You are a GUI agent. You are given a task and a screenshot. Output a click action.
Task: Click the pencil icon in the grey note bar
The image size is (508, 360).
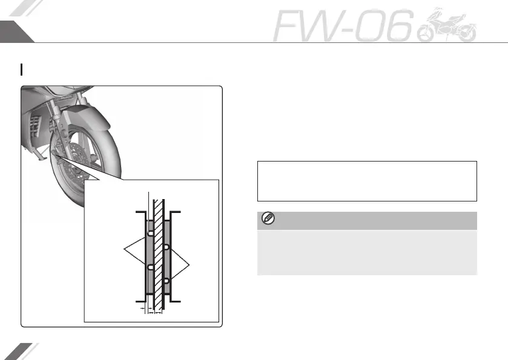tap(266, 219)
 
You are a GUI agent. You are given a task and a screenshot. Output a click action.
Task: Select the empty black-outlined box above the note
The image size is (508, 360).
tap(367, 180)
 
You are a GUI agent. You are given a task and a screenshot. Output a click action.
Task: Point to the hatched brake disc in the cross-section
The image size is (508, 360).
tap(159, 254)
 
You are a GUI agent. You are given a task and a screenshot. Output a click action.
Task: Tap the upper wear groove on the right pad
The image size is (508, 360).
tap(166, 247)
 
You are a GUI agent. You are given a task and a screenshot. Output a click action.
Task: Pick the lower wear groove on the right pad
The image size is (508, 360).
tap(166, 281)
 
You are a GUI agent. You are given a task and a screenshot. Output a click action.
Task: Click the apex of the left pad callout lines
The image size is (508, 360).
tap(124, 249)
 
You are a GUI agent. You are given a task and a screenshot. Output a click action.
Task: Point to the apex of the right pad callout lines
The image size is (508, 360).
tap(191, 264)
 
